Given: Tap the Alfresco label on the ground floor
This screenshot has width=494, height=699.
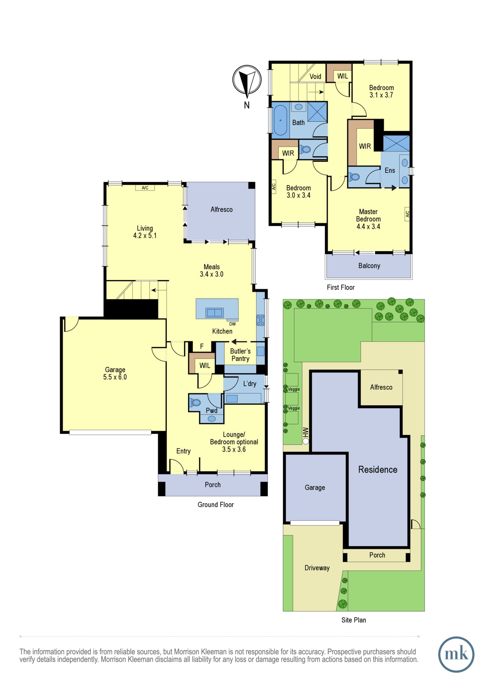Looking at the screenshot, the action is pyautogui.click(x=221, y=209).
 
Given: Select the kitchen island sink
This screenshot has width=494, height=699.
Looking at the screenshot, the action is pyautogui.click(x=214, y=312).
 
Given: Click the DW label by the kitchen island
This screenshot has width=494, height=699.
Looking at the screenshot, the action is pyautogui.click(x=232, y=324).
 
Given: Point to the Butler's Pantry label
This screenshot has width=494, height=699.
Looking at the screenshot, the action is pyautogui.click(x=240, y=355).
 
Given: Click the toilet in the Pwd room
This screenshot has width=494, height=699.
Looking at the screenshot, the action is pyautogui.click(x=195, y=403).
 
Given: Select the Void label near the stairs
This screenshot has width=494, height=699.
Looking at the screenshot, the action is pyautogui.click(x=315, y=77).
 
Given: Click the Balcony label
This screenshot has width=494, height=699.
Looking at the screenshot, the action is pyautogui.click(x=369, y=266).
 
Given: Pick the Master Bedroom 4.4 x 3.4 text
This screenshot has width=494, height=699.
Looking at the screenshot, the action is pyautogui.click(x=368, y=219).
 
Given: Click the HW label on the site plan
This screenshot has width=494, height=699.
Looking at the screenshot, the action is pyautogui.click(x=306, y=432).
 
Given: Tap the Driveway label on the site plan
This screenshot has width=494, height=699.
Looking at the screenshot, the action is pyautogui.click(x=317, y=568).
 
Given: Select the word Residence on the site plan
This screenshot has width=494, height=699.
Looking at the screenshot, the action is pyautogui.click(x=378, y=469).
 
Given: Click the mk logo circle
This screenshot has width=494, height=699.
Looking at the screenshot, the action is pyautogui.click(x=456, y=654).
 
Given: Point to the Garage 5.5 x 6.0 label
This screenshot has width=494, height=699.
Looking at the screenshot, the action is pyautogui.click(x=115, y=373).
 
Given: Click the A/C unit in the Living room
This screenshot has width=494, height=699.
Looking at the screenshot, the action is pyautogui.click(x=145, y=188).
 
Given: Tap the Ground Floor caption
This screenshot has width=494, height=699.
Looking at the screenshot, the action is pyautogui.click(x=216, y=505).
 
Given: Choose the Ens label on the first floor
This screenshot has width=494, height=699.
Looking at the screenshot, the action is pyautogui.click(x=390, y=170).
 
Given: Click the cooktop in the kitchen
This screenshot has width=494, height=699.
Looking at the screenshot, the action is pyautogui.click(x=261, y=320).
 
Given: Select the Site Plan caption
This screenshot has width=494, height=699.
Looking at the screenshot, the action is pyautogui.click(x=354, y=620).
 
